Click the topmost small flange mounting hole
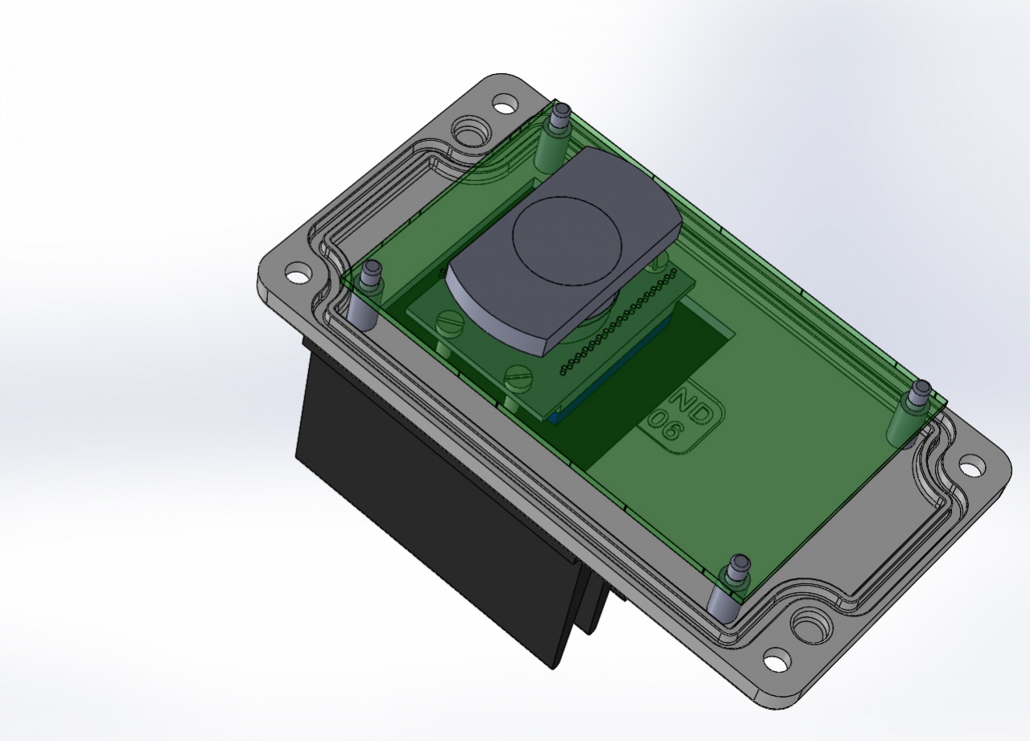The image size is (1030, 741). (x=505, y=104)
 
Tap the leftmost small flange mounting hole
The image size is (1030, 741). (x=298, y=274)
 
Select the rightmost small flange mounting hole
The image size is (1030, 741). (x=972, y=465)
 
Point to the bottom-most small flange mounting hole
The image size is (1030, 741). (x=774, y=661)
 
